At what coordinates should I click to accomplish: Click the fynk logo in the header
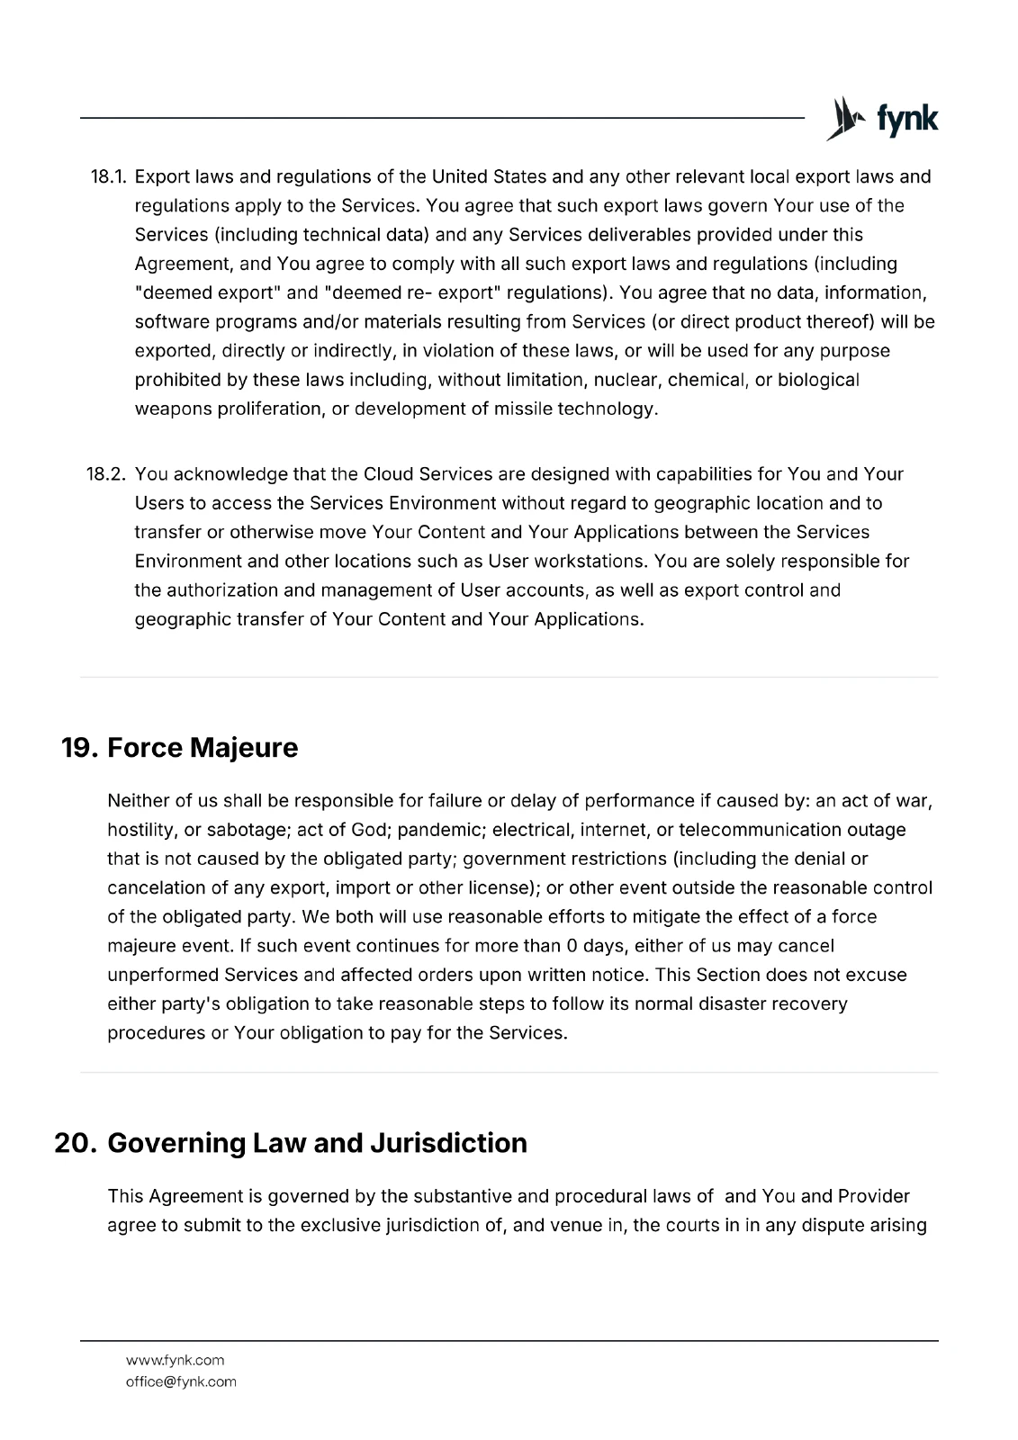coord(882,119)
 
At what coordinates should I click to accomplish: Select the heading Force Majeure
coord(203,748)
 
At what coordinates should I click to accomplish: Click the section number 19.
coord(78,748)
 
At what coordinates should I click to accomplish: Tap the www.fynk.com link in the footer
coord(175,1360)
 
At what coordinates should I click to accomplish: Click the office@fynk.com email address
coord(181,1381)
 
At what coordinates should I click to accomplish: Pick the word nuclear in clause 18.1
coord(626,380)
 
